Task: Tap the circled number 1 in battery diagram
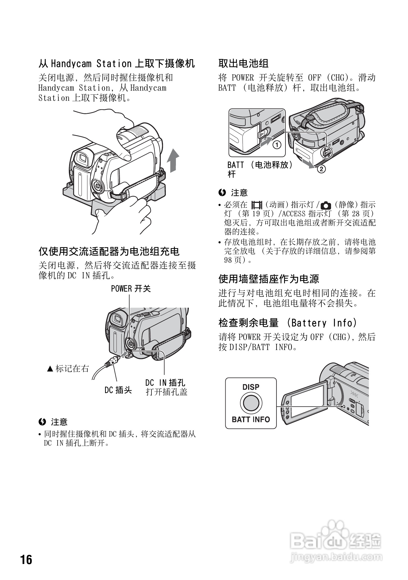[277, 145]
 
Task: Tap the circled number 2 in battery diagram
[321, 169]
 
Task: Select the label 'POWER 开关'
[131, 289]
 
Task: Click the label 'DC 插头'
[118, 390]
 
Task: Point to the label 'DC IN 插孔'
[165, 383]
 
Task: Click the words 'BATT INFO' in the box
[251, 420]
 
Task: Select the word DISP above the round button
[251, 387]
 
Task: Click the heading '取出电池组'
[243, 64]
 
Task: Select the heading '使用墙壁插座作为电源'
[269, 279]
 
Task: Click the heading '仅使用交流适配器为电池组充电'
[109, 252]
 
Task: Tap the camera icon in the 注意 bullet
[326, 205]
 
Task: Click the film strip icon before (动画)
[257, 205]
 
